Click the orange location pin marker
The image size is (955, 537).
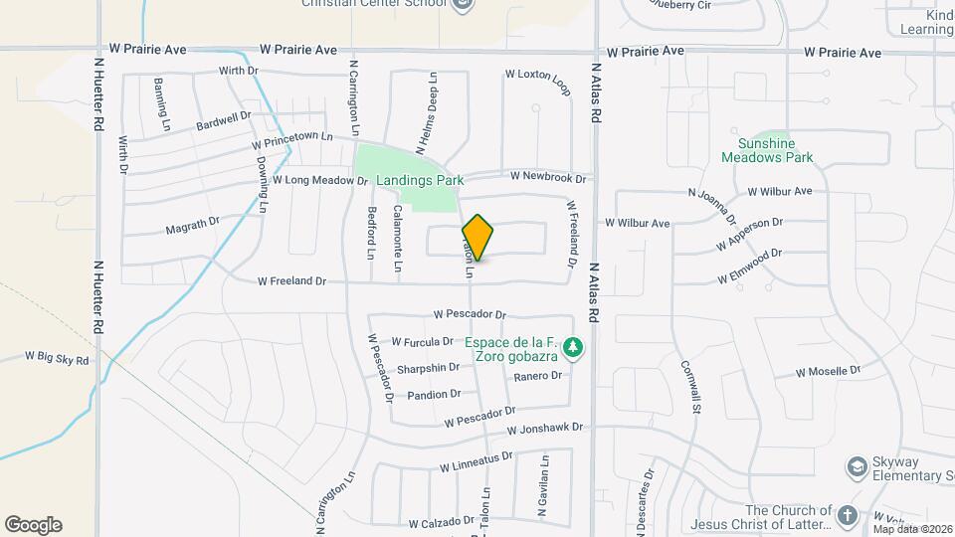coord(477,237)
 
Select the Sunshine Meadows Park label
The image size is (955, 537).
coord(775,150)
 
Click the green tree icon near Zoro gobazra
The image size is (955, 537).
coord(572,348)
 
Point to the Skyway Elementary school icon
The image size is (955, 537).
coord(856,466)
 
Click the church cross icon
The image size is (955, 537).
coord(847,515)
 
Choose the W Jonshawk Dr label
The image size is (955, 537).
coord(544,430)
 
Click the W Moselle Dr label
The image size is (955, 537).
coord(828,372)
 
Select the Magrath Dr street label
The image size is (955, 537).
coord(192,228)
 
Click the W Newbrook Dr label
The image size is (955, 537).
coord(548,176)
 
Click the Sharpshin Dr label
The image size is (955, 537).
coord(428,368)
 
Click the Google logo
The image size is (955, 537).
coord(33,524)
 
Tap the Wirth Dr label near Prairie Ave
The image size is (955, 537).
coord(239,72)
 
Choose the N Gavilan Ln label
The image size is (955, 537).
coord(544,486)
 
